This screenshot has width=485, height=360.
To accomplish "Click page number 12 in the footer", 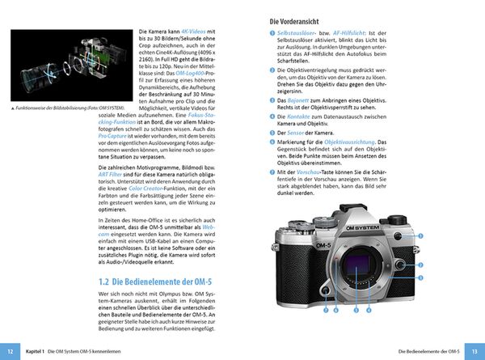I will pyautogui.click(x=10, y=351).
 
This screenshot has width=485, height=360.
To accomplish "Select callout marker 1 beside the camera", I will pyautogui.click(x=421, y=235).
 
